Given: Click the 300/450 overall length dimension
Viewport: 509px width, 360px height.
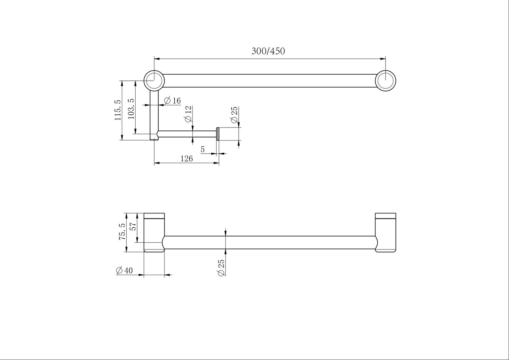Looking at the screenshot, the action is point(268,51).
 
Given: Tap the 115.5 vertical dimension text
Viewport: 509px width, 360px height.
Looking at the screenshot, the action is point(118,110).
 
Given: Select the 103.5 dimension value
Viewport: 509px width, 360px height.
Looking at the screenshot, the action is point(131,109).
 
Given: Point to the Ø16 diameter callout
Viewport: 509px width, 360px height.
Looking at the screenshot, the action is point(172,100).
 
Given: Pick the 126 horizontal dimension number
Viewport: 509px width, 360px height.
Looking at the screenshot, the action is point(186,159).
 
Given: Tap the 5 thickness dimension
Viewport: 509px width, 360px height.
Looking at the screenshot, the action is point(203,149).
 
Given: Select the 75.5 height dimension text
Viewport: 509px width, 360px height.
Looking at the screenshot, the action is point(122,232).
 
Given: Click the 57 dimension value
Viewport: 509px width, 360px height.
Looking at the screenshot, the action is point(133,226).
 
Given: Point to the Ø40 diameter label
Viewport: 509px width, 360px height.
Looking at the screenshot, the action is point(124,271).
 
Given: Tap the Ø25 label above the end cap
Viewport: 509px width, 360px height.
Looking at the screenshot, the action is point(234,115).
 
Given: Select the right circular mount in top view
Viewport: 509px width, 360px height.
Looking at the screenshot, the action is point(385,71).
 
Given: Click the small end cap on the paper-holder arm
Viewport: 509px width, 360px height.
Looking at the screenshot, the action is point(218,134).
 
